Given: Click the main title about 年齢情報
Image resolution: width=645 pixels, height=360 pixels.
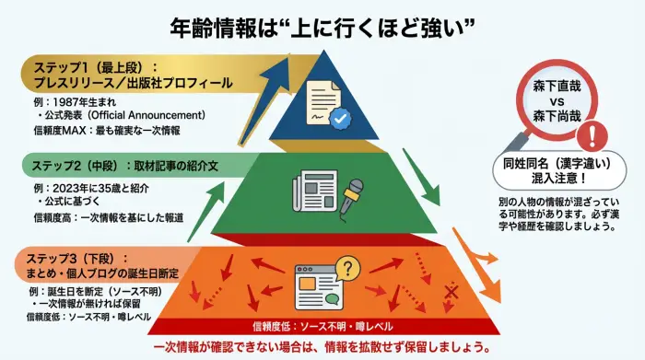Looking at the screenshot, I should click(322, 26).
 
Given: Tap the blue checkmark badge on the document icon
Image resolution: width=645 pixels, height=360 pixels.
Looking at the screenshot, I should click(341, 119).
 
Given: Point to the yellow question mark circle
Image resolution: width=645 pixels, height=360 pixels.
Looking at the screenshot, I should click(346, 268).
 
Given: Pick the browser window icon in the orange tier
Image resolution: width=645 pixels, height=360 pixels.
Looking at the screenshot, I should click(316, 285).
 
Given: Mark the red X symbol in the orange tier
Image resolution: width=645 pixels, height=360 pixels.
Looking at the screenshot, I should click(451, 293).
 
